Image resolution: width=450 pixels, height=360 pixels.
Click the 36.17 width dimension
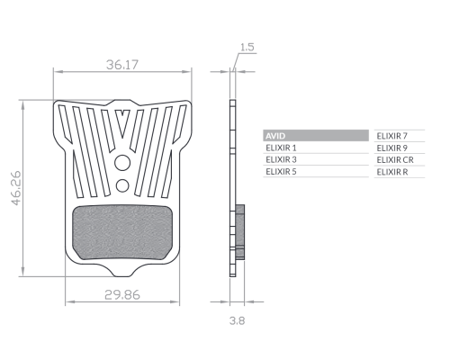click(122, 65)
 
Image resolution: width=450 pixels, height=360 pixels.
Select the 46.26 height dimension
click(16, 188)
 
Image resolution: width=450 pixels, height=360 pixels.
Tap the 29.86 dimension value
click(122, 295)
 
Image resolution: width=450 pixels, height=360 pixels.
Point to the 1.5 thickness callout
click(247, 47)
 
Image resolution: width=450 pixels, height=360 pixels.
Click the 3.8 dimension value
click(237, 320)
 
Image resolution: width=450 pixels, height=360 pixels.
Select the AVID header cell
click(316, 136)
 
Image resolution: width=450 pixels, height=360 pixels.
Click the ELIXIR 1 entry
click(281, 148)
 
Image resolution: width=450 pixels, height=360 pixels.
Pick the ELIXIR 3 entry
click(281, 159)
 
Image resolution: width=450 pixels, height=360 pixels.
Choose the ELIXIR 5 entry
click(281, 172)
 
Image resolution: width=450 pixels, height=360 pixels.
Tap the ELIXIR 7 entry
click(392, 136)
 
